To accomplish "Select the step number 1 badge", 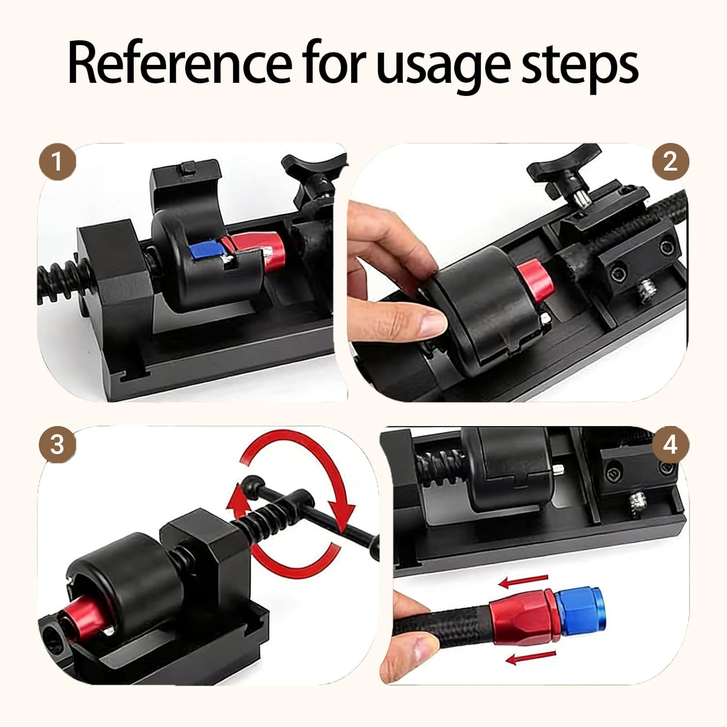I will coord(57,161).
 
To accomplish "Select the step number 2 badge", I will coord(670,161).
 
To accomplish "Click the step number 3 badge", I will coord(57,444).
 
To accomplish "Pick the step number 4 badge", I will coord(670,444).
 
